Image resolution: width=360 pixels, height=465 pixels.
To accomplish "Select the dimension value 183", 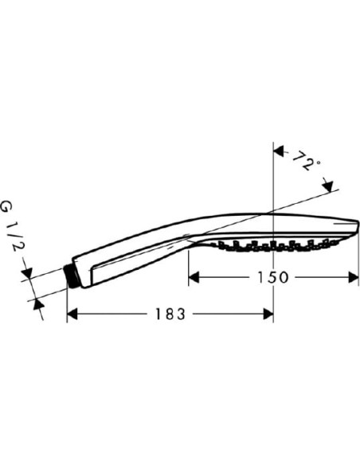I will (x=170, y=314).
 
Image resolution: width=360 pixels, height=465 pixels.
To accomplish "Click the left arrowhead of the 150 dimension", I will (x=194, y=277).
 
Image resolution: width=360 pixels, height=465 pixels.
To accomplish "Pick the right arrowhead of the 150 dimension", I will (x=354, y=277).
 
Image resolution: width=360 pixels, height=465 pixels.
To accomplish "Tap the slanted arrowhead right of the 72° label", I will (x=328, y=186).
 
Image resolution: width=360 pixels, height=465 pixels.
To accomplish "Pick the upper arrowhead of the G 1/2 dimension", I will (x=29, y=275).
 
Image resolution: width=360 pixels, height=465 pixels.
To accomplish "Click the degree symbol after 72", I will (x=317, y=162).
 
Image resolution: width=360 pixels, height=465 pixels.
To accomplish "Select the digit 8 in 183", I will (x=170, y=314).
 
